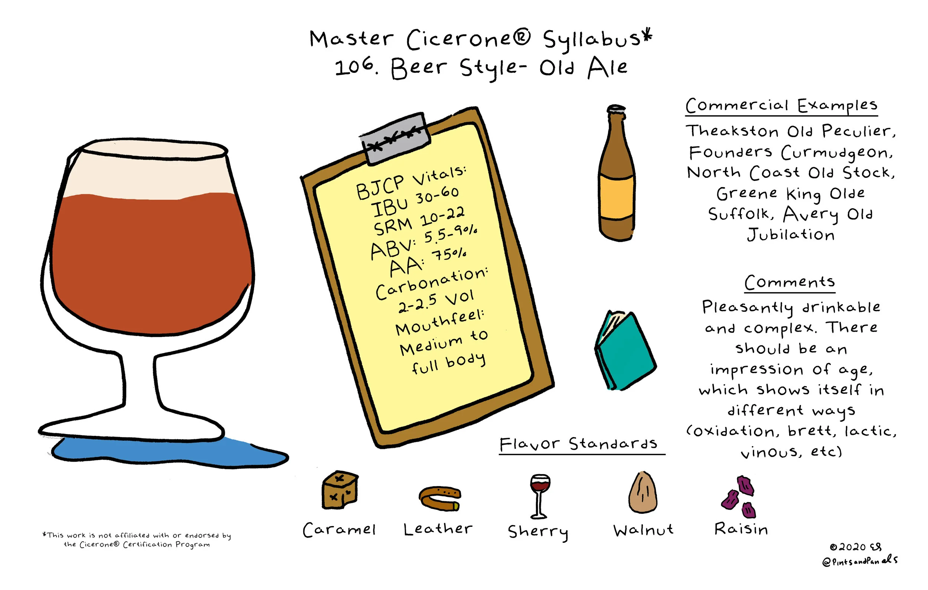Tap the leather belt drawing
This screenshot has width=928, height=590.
pos(440,499)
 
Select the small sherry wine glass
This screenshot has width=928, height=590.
pos(539,496)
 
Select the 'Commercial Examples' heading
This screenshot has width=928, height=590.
pos(781,105)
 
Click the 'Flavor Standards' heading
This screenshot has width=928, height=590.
pos(578,444)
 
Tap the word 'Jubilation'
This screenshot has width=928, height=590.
pos(791,234)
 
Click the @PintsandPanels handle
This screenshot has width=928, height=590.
pos(860,561)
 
